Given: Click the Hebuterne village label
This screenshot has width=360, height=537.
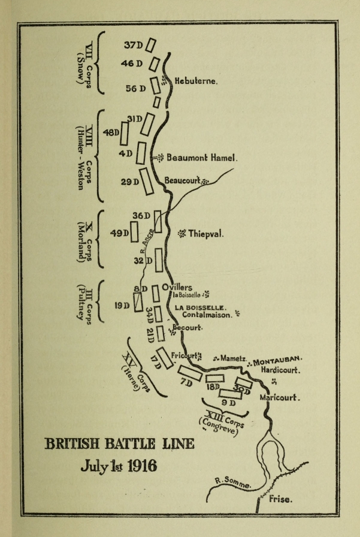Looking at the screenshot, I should pos(196,80).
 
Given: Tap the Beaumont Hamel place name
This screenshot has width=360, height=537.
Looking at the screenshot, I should pos(202,158).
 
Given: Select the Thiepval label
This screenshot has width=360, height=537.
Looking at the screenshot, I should pos(205,233).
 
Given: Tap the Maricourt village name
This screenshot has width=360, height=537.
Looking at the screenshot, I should pos(280,397).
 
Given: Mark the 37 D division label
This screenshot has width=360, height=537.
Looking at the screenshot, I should pos(133,45).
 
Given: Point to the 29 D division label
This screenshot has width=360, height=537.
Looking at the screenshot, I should pos(130,182).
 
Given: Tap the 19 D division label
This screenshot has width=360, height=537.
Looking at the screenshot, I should pos(122,305).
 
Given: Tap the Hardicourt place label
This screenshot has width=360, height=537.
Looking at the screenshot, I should pos(280,371).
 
